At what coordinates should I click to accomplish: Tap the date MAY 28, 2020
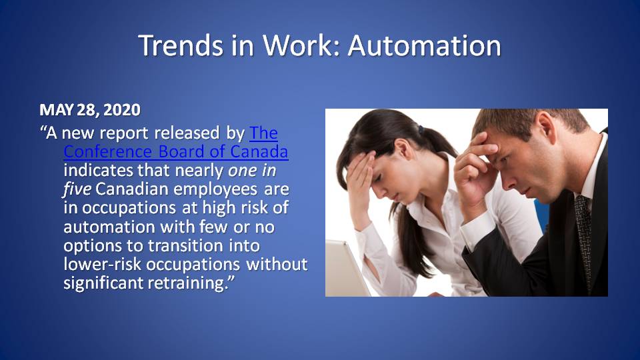coord(90,110)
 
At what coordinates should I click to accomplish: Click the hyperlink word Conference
coord(108,151)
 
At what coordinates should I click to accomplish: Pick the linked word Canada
coord(259,151)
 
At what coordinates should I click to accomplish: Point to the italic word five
coord(77,189)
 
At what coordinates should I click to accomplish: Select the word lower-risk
coord(103,264)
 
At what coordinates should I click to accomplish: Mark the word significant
coord(103,283)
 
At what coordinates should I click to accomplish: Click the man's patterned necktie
coord(584,241)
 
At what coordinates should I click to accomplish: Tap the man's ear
coord(546,127)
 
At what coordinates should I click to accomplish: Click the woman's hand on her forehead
coord(359,179)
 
